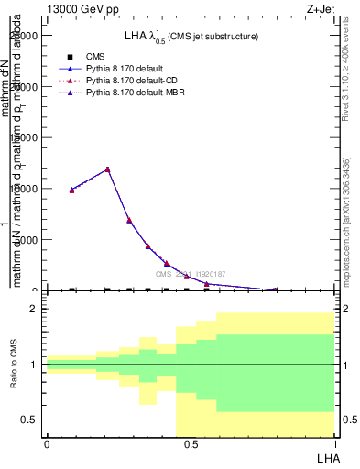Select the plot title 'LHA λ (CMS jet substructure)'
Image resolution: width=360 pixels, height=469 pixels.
[191, 36]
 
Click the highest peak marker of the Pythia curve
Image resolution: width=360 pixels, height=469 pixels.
[108, 169]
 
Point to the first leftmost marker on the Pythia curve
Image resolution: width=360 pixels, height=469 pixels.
[71, 190]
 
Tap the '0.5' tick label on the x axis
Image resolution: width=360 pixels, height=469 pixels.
[190, 443]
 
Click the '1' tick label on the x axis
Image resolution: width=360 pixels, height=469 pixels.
[333, 443]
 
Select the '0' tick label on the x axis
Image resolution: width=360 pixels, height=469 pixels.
[47, 443]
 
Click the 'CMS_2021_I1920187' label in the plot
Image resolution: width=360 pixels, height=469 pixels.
[190, 274]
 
